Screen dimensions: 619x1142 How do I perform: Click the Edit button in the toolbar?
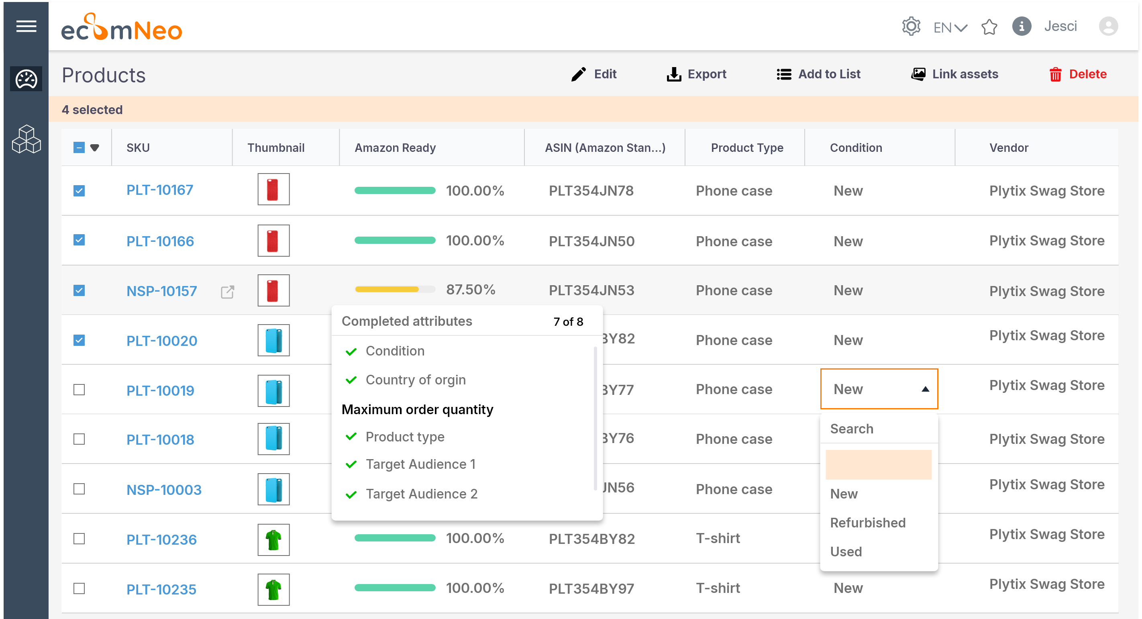click(594, 74)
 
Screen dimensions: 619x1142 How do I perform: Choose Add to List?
click(818, 74)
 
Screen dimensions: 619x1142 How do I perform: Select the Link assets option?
click(954, 74)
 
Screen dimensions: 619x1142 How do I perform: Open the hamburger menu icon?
click(26, 27)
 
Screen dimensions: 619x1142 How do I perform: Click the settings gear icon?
click(911, 27)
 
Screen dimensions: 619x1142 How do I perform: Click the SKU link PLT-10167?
click(159, 190)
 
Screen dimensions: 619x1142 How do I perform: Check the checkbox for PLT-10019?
click(79, 390)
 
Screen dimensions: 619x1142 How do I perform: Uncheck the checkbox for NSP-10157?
click(79, 290)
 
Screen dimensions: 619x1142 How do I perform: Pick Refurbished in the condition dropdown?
click(868, 523)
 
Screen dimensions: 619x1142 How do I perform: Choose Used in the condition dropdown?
click(846, 552)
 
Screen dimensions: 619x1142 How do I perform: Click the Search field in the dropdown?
click(878, 429)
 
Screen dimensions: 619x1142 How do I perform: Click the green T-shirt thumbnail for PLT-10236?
click(273, 539)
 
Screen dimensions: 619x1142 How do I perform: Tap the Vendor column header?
click(1009, 148)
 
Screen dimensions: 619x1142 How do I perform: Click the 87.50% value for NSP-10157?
click(470, 290)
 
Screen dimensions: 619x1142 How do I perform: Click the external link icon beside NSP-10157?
click(227, 292)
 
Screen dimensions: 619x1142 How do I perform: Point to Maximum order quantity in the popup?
click(417, 409)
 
